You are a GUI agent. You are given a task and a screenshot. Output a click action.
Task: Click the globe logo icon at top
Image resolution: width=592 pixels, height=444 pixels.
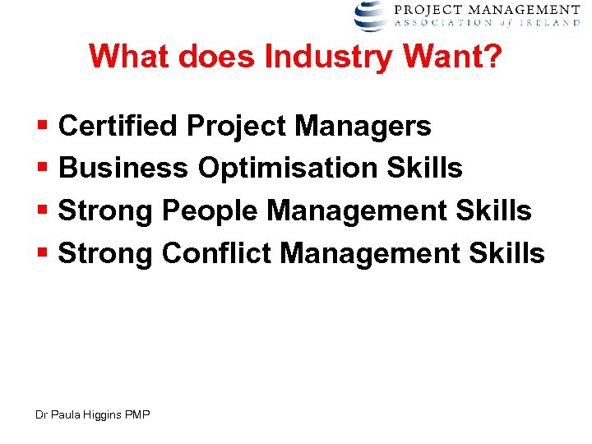click(x=371, y=16)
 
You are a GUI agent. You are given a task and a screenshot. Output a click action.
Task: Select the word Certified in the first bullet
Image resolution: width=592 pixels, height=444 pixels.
click(x=118, y=126)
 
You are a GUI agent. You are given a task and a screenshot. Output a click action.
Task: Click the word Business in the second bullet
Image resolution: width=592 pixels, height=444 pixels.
click(x=123, y=168)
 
